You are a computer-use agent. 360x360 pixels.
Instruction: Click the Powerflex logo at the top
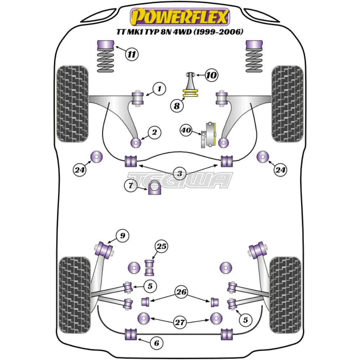[x=180, y=17]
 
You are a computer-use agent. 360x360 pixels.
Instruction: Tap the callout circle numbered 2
[x=154, y=133]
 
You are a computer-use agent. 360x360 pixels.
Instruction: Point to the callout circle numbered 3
[x=180, y=174]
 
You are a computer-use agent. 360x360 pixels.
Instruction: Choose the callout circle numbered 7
[x=131, y=186]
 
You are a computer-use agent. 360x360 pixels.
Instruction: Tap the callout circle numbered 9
[x=122, y=236]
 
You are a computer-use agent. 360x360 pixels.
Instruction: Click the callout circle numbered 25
[x=162, y=247]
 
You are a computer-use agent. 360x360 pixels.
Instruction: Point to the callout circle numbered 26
[x=182, y=292]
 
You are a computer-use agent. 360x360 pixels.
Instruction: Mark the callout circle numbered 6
[x=156, y=343]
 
